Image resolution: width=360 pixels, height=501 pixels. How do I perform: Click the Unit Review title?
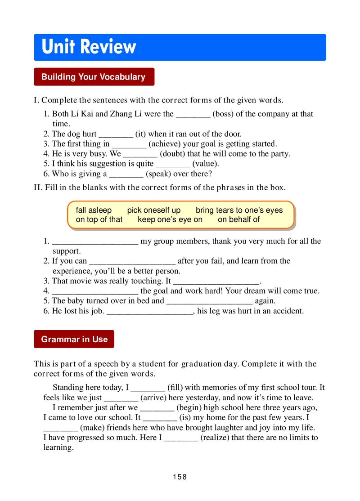(x=89, y=47)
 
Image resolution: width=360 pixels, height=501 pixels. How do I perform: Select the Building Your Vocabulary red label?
(x=94, y=77)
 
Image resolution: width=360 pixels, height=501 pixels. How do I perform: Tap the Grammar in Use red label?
(x=74, y=339)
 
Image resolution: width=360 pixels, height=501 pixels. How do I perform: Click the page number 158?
(x=180, y=477)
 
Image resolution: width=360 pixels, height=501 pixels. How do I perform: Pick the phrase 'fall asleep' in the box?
(x=94, y=210)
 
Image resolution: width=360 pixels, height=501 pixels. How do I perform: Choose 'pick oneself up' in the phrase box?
(x=153, y=210)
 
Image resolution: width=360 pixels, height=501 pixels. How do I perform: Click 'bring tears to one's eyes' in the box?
(x=239, y=210)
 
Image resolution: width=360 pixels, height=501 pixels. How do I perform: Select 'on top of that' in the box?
(x=99, y=219)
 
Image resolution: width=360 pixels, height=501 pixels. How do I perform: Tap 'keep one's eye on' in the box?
(x=170, y=219)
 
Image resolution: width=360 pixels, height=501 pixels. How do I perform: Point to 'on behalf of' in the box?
(x=238, y=219)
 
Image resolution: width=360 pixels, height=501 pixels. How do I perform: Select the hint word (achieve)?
(x=166, y=144)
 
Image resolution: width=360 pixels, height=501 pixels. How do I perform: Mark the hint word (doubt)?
(x=172, y=154)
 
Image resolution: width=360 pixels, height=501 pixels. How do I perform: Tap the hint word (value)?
(x=206, y=164)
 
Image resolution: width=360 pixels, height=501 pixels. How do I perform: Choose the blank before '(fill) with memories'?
(x=148, y=388)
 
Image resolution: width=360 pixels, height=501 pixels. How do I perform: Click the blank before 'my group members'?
(x=95, y=242)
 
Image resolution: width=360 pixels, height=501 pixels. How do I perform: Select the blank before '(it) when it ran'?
(x=116, y=134)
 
